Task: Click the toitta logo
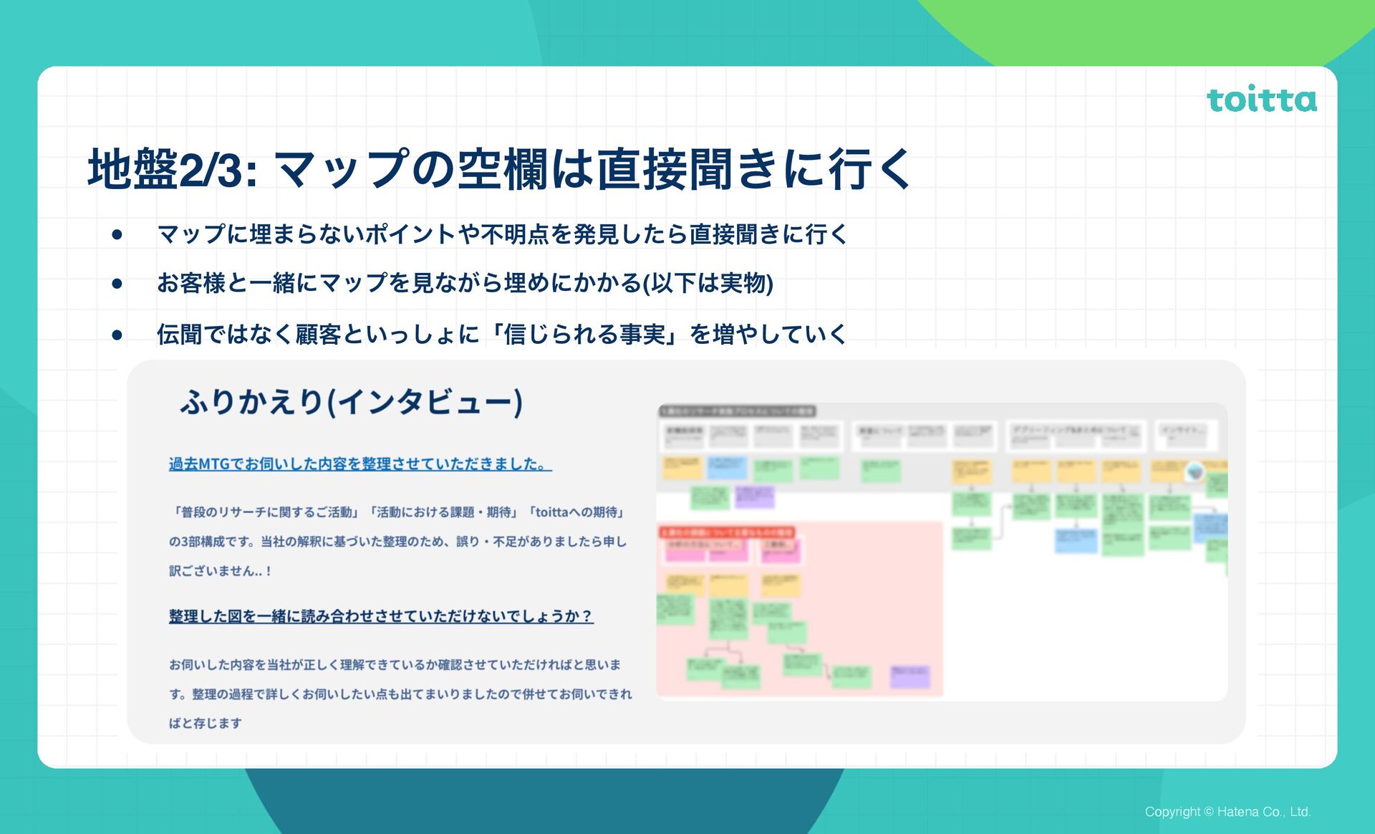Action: click(x=1261, y=100)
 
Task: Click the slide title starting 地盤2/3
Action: click(x=498, y=170)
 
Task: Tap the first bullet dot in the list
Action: click(x=117, y=234)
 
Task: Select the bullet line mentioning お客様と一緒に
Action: click(x=464, y=283)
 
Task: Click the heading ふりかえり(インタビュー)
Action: click(x=351, y=402)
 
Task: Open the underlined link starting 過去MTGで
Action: click(x=360, y=464)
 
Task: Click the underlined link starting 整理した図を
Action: click(x=381, y=616)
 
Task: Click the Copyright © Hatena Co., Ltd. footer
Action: click(x=1227, y=812)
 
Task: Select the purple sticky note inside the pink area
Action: click(x=910, y=676)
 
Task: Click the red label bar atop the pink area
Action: click(x=726, y=532)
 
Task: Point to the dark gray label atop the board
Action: click(x=737, y=411)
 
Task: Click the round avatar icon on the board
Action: click(x=1195, y=471)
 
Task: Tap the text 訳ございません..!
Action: click(x=220, y=571)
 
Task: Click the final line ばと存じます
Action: click(x=206, y=724)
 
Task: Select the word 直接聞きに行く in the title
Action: click(x=754, y=170)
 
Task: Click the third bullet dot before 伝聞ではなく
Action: click(x=117, y=335)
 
